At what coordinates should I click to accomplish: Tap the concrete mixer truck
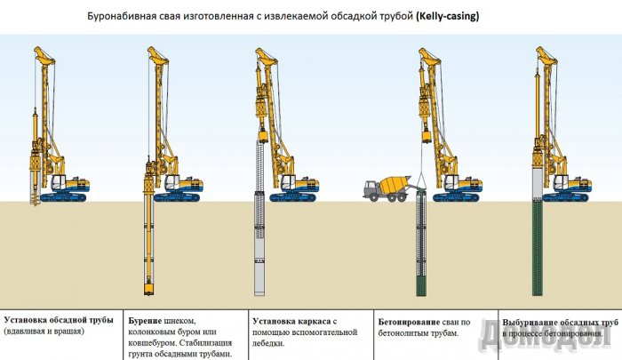click(x=387, y=187)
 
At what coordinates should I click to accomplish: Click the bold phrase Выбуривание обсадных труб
click(x=560, y=320)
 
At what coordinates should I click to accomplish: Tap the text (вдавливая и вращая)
click(x=44, y=332)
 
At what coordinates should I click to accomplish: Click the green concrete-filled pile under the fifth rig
click(x=538, y=249)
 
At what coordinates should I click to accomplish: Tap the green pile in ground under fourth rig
click(x=420, y=249)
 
